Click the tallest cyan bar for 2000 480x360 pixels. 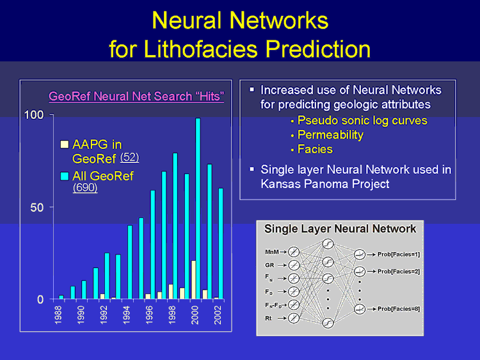tap(198, 208)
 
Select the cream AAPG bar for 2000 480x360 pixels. tap(193, 279)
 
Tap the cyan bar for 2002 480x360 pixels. tap(221, 244)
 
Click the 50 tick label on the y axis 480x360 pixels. tap(36, 208)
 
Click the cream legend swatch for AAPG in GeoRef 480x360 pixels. tap(65, 145)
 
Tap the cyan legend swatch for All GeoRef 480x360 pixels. tap(65, 176)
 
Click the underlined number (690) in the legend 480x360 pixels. tap(85, 187)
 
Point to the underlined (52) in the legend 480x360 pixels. tap(129, 157)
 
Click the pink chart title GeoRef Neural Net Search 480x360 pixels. tap(136, 97)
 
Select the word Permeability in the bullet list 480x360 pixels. tap(331, 135)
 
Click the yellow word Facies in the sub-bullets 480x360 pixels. tap(315, 149)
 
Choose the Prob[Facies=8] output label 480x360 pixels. tap(399, 309)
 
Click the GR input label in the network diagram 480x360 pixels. tap(269, 265)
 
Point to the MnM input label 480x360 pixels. tap(272, 252)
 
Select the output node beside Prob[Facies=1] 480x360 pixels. tap(360, 254)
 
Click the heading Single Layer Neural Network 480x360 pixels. tap(340, 229)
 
